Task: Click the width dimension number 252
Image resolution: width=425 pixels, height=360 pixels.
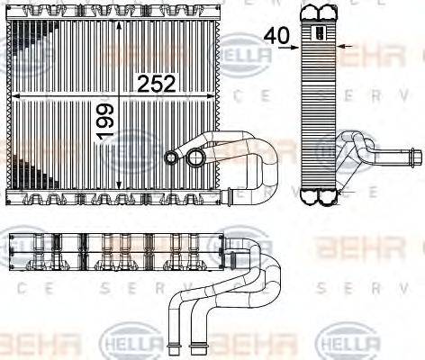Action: point(155,84)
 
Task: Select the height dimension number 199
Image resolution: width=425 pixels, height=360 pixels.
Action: point(106,121)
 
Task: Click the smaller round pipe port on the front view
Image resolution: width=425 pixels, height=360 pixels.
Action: point(171,157)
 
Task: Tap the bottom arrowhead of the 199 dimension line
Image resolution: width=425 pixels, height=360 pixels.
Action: point(118,187)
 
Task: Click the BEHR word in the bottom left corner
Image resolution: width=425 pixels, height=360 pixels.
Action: point(41,344)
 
